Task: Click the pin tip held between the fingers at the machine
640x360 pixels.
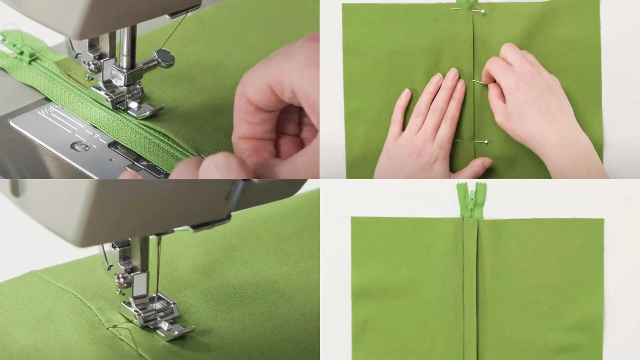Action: tap(205, 157)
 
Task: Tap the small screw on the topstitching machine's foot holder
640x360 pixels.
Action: tap(119, 277)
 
